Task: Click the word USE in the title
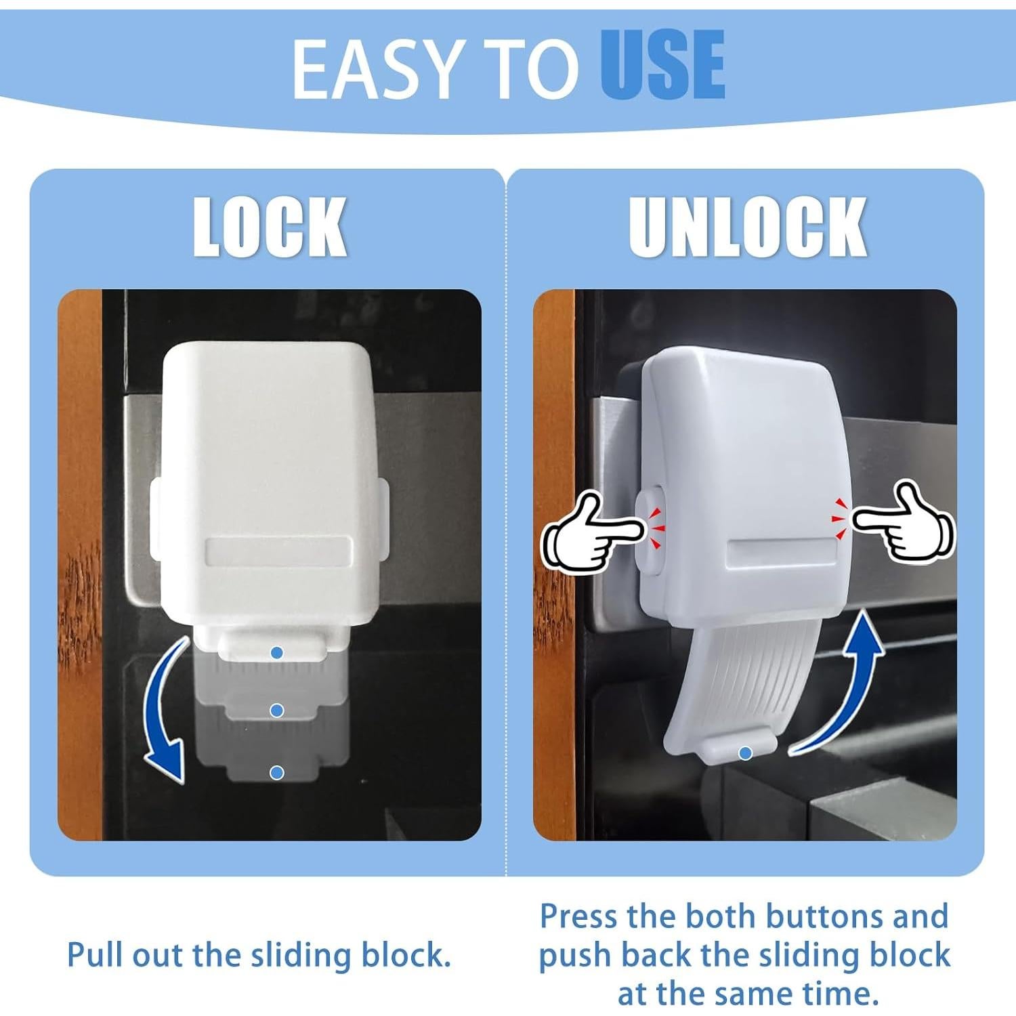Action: click(662, 66)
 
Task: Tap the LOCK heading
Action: click(270, 227)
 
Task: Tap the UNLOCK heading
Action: click(747, 227)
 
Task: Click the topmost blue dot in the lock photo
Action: click(276, 653)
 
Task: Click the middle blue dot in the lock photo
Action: click(276, 711)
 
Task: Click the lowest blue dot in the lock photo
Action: click(276, 773)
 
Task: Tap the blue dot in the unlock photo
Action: click(746, 753)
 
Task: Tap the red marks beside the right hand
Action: click(840, 519)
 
